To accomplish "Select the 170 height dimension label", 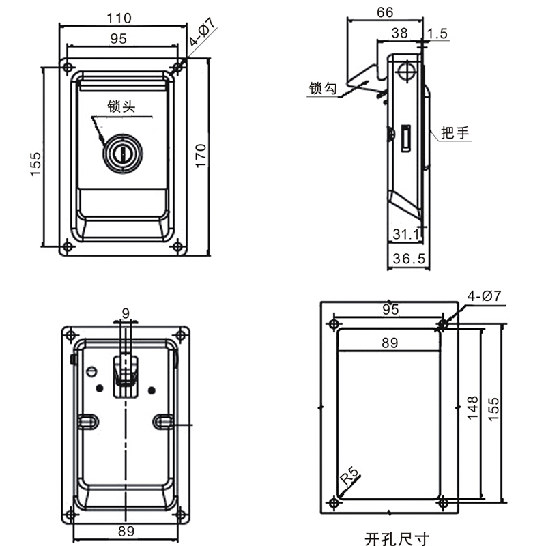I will (201, 156).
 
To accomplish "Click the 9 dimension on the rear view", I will (125, 313).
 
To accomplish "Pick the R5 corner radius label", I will (350, 474).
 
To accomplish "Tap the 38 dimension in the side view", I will (400, 32).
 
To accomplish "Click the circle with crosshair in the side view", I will (407, 70).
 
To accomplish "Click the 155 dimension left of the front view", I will (35, 164).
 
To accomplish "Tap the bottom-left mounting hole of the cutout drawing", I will (333, 502).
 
